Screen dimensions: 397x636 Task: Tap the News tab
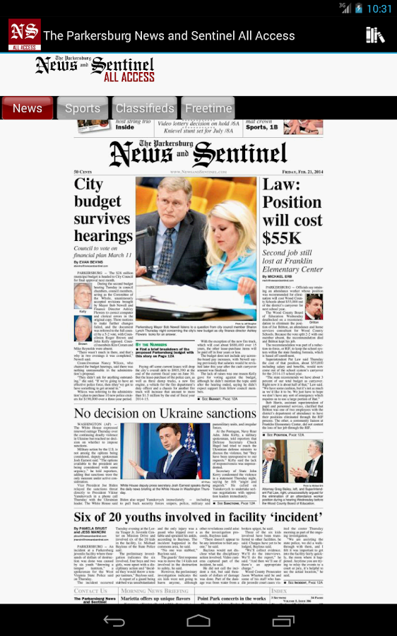click(x=28, y=108)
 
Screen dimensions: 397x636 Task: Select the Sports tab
click(x=83, y=108)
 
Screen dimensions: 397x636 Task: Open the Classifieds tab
click(x=145, y=108)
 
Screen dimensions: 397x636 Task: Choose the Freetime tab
click(x=208, y=108)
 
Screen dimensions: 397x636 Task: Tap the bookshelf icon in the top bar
click(x=375, y=35)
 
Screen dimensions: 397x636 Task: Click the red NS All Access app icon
click(x=24, y=35)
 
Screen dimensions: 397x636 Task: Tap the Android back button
click(x=114, y=620)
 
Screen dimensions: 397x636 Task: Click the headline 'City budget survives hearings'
click(x=103, y=210)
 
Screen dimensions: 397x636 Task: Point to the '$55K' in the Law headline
click(x=283, y=237)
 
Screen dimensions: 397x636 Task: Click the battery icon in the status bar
click(x=360, y=8)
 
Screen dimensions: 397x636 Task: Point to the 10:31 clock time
click(x=379, y=8)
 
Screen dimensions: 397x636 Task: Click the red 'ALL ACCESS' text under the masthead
click(x=129, y=76)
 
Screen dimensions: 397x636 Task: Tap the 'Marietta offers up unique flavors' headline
click(x=155, y=599)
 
